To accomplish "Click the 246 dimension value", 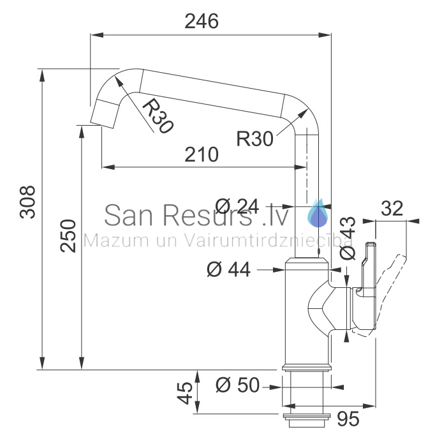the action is [x=202, y=21].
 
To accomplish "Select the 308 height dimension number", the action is [x=27, y=202].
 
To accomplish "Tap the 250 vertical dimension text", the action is [x=68, y=235].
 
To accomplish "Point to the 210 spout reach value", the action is [x=202, y=154].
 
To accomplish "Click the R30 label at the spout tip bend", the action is [x=157, y=116].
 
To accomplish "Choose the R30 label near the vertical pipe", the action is [x=254, y=139].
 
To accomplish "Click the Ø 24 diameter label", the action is [x=237, y=206].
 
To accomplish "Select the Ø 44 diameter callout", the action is [x=228, y=269].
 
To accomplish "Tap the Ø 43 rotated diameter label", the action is [x=348, y=238].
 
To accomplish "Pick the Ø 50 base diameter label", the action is [x=238, y=385].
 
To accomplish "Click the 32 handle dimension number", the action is [x=392, y=208].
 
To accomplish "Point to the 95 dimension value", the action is [x=348, y=419].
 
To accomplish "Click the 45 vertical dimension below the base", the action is [x=185, y=393].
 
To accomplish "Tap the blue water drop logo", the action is [x=318, y=213].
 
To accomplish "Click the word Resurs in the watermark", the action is [x=208, y=215].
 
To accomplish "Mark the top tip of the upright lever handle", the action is [x=371, y=244].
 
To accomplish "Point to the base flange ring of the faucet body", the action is [x=307, y=368].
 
